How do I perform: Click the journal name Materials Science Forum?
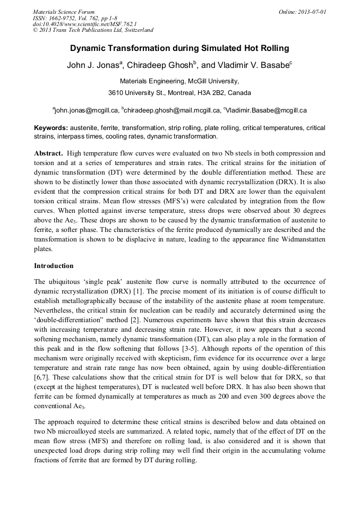point(64,11)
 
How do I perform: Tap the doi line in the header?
point(84,24)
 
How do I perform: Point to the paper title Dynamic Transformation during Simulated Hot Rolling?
point(179,48)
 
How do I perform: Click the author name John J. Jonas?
point(93,66)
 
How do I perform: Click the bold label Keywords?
point(51,128)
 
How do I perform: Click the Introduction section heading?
point(54,265)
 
